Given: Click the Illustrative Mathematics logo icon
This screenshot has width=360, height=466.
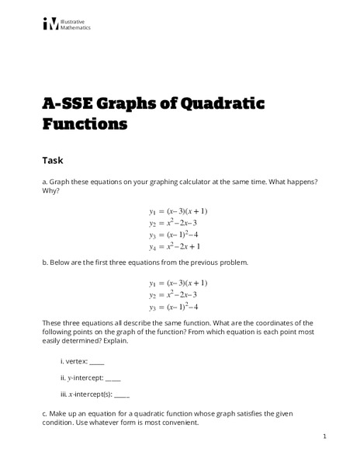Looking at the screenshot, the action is coord(50,23).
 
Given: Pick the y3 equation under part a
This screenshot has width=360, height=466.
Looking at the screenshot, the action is coord(175,235).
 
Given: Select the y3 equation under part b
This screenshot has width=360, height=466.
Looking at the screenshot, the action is coord(175,307).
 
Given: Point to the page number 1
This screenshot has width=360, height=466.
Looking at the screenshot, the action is coord(324,438).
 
